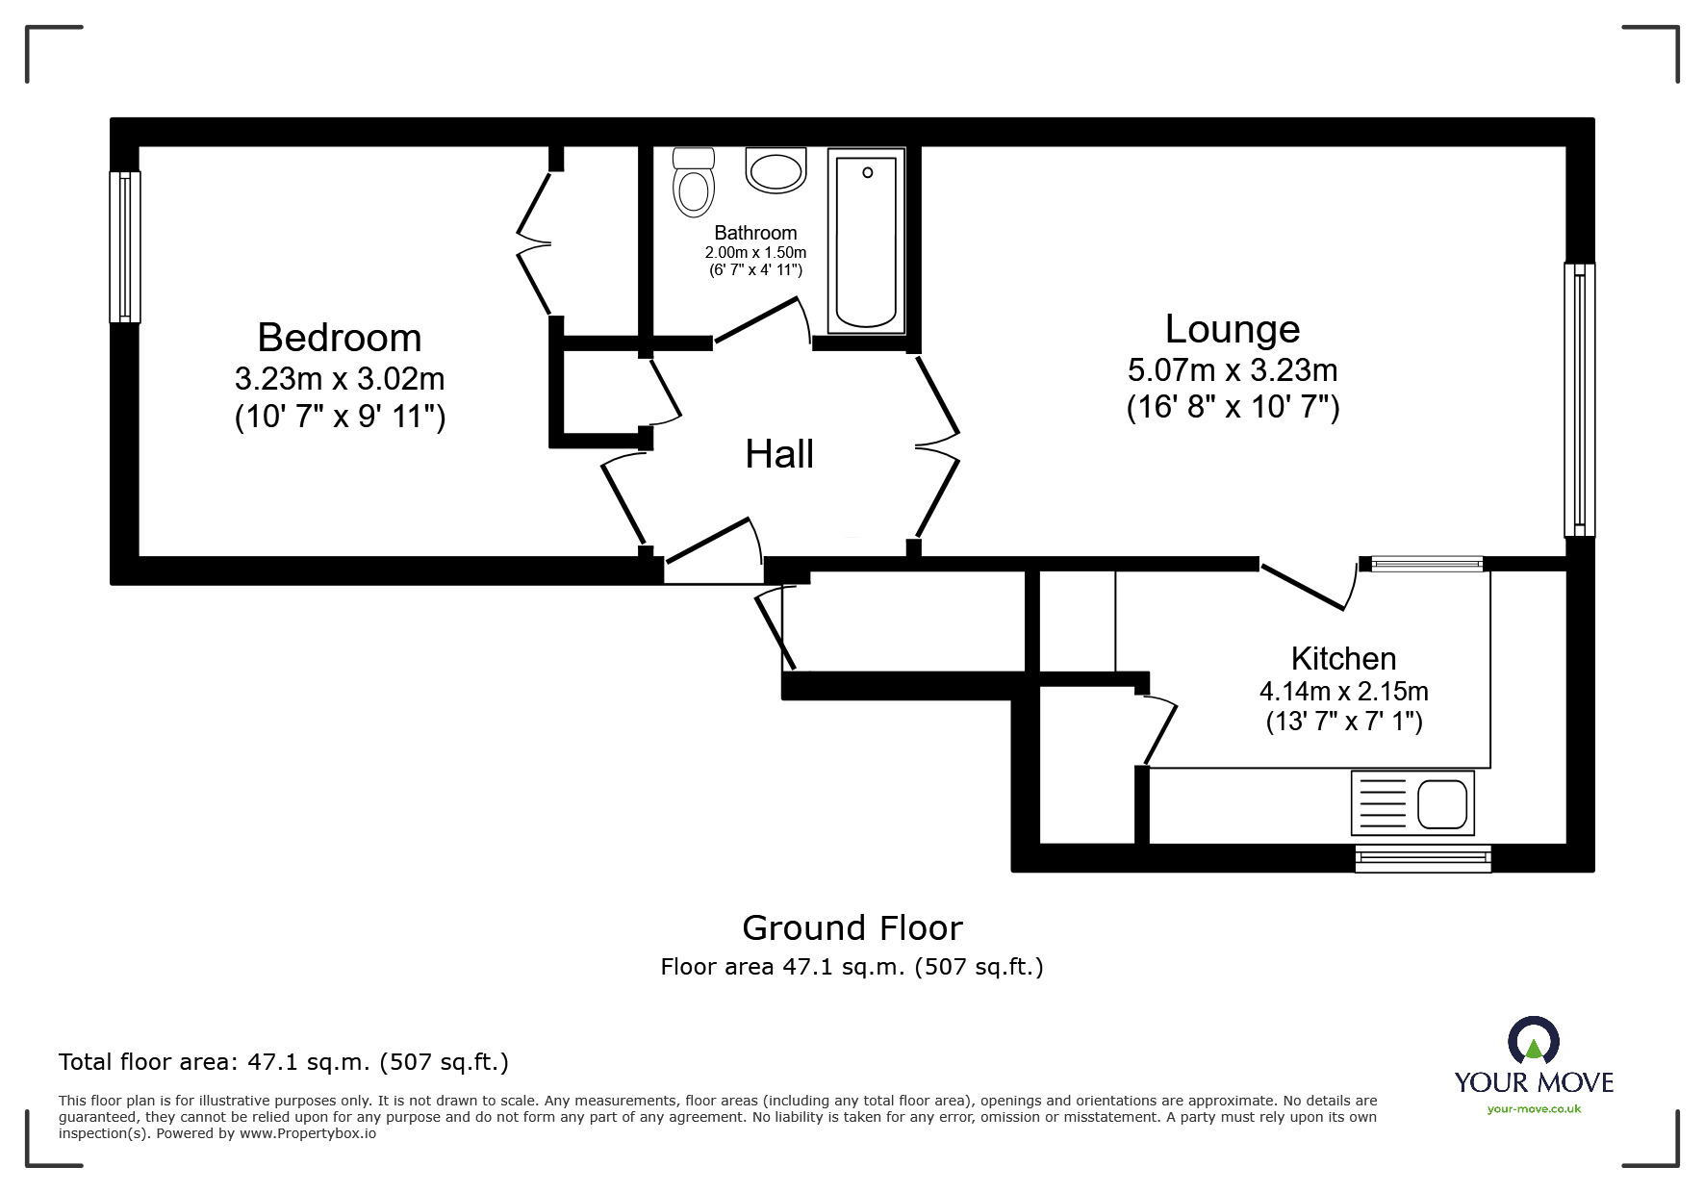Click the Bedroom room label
point(340,338)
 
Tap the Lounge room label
point(1232,329)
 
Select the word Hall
point(779,454)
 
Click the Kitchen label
point(1343,658)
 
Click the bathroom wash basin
point(776,172)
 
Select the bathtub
point(866,241)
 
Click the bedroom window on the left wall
point(124,246)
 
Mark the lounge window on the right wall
point(1578,399)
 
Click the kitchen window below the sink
point(1422,858)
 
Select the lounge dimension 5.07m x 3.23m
point(1232,369)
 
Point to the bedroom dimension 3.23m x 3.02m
point(340,378)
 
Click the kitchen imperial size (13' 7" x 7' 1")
point(1343,721)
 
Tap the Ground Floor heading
point(852,927)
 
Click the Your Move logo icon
point(1533,1042)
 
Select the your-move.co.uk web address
point(1534,1109)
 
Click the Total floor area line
point(284,1062)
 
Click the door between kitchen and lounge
point(1309,587)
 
